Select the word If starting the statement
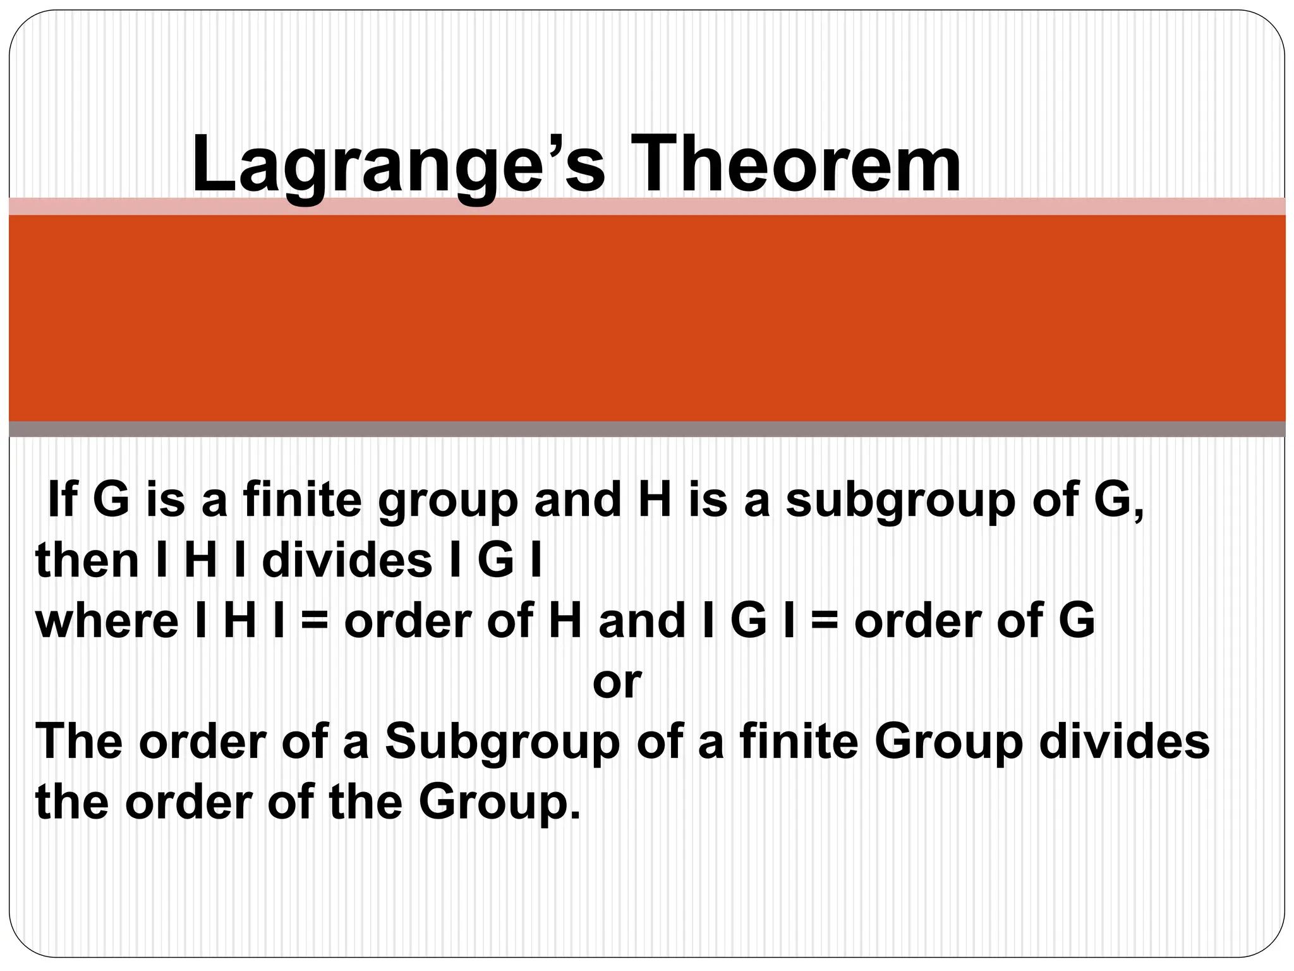click(63, 499)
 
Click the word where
click(107, 621)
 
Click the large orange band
click(647, 318)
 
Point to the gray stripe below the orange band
click(647, 429)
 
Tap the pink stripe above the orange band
click(647, 206)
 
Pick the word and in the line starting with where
click(642, 621)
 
